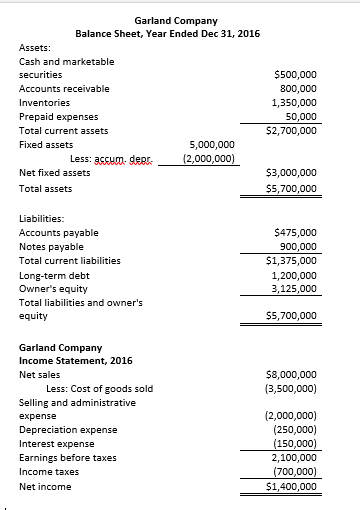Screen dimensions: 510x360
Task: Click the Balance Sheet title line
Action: (167, 34)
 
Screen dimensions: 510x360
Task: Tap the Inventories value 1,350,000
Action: (295, 102)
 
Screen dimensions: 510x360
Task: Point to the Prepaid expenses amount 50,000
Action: (300, 116)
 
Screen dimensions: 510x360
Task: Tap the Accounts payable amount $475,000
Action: (295, 232)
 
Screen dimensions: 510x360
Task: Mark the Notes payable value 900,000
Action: (297, 246)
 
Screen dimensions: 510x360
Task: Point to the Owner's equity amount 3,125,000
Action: (295, 288)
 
